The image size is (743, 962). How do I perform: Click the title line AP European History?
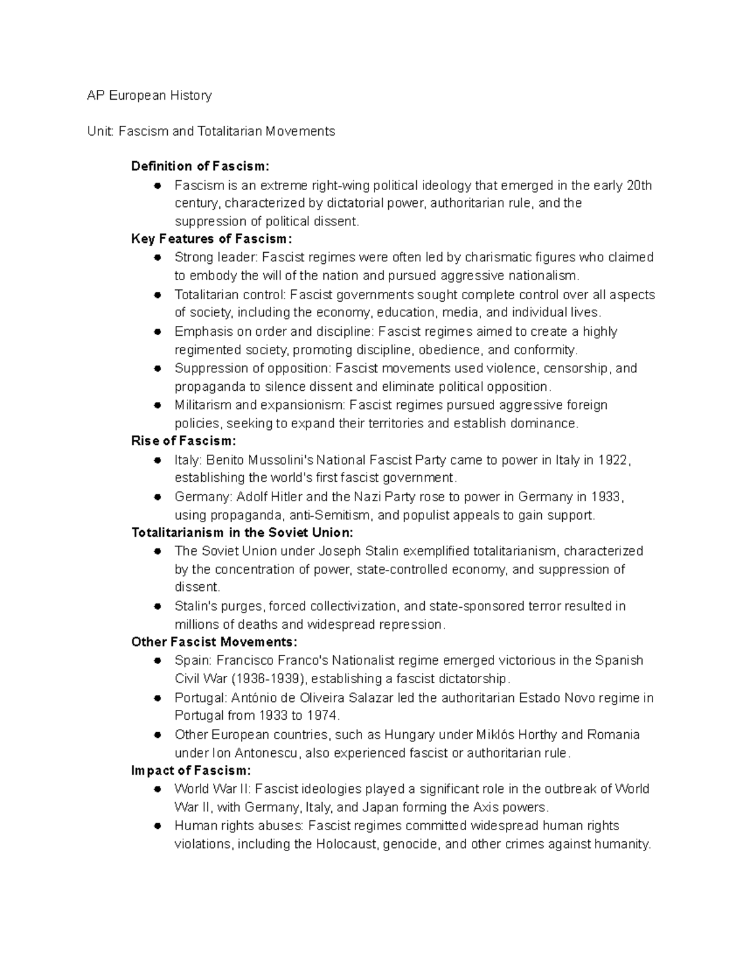coord(149,95)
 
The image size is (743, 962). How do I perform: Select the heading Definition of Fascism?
coord(200,166)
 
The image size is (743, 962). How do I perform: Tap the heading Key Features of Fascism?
coord(211,239)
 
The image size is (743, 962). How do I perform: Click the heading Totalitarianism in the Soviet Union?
coord(242,533)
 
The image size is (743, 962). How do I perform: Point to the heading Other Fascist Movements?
coord(214,642)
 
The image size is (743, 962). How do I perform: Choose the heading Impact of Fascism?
coord(191,771)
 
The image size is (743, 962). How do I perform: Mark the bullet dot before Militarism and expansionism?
coord(158,405)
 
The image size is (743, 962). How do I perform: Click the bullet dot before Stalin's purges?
coord(158,606)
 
